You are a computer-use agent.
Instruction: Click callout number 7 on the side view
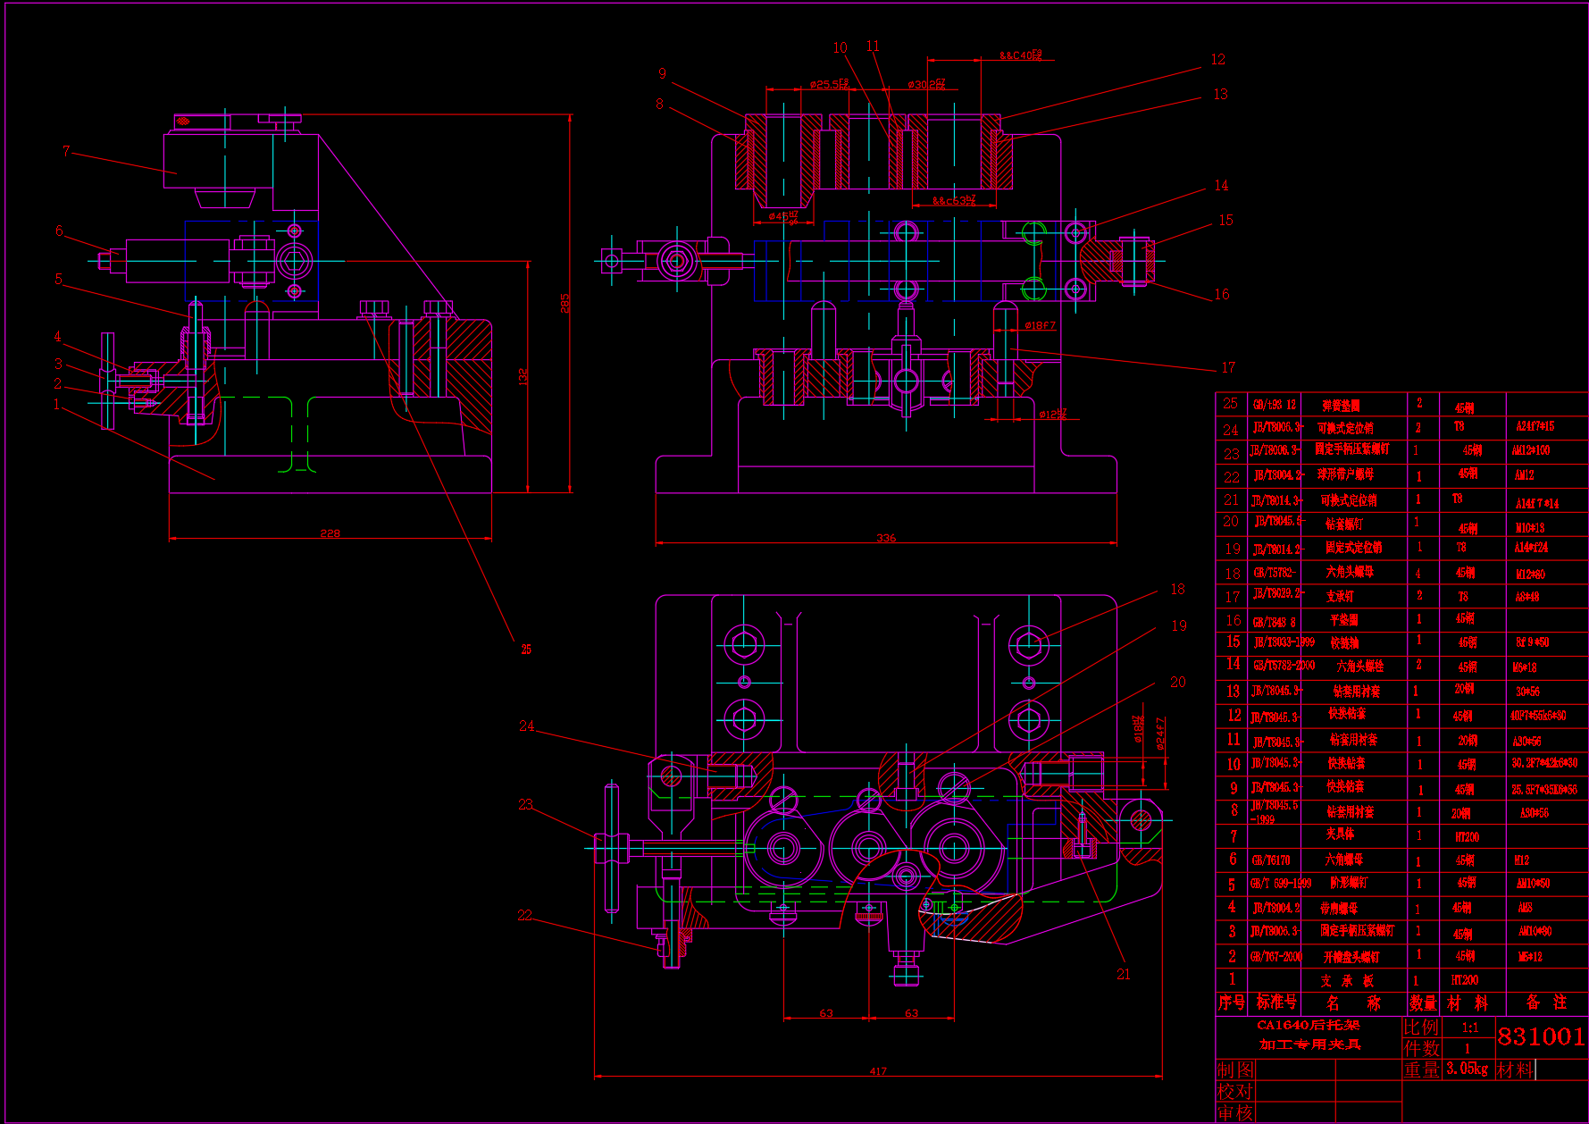tap(66, 151)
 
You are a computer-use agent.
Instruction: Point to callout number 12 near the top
tap(1218, 60)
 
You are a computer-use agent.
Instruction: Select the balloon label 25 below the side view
tap(526, 650)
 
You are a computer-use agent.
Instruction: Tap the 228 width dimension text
tap(330, 533)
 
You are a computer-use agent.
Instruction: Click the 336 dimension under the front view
tap(886, 538)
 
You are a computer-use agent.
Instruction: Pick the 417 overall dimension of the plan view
tap(878, 1071)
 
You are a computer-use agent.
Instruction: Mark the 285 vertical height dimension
tap(565, 303)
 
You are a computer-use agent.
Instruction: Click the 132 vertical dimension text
tap(523, 376)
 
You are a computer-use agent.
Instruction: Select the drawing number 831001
tap(1541, 1036)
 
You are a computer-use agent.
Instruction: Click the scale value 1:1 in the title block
tap(1469, 1028)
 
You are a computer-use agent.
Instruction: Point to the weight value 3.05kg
tap(1467, 1069)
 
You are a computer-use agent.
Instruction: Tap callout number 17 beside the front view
tap(1228, 368)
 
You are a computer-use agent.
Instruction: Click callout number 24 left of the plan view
tap(527, 726)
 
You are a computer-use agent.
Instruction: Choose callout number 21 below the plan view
tap(1124, 974)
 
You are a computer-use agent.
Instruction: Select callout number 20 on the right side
tap(1178, 683)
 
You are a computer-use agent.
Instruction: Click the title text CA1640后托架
tap(1309, 1026)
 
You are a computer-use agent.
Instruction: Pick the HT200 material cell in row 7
tap(1467, 837)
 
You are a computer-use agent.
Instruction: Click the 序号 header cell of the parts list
tap(1232, 1002)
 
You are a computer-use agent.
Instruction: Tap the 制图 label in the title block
tap(1235, 1069)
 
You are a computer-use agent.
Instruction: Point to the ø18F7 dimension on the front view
tap(1040, 326)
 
